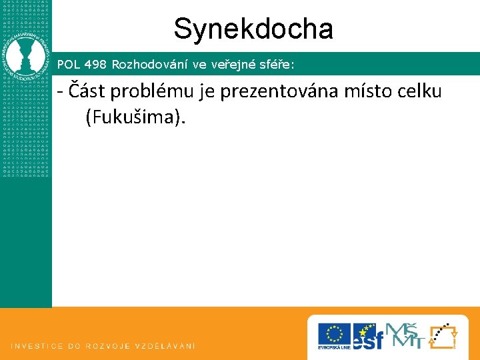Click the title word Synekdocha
point(253,29)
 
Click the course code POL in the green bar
point(67,65)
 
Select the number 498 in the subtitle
point(95,65)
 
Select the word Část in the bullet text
point(84,91)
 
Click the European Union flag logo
point(334,336)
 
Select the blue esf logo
point(368,335)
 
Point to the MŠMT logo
point(405,335)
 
